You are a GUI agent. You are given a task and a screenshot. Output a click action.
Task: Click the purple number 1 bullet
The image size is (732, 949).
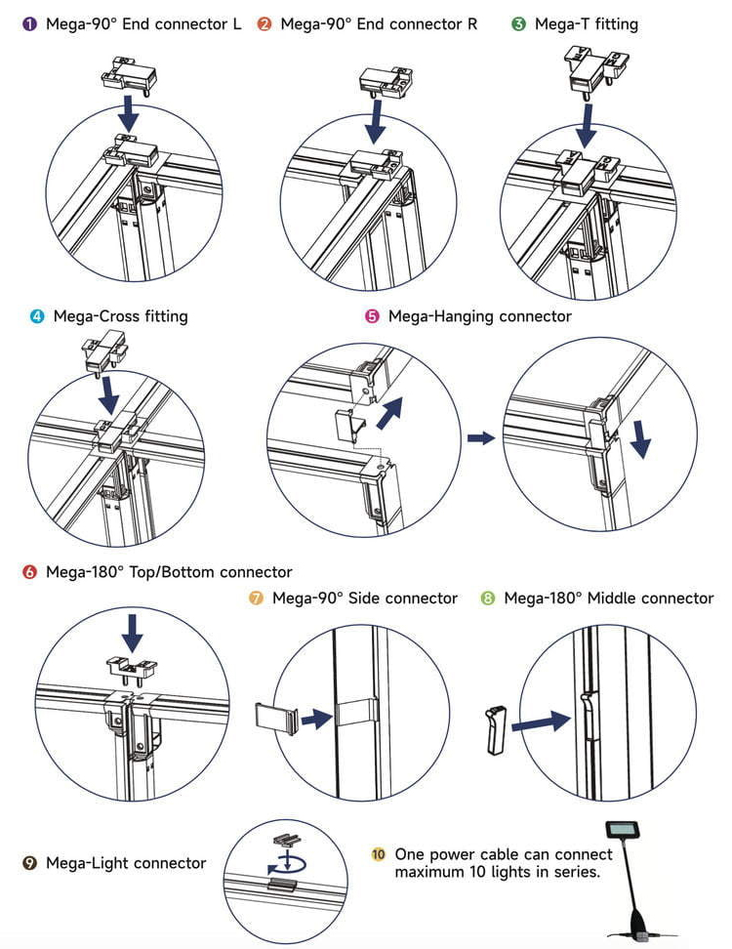[x=29, y=23]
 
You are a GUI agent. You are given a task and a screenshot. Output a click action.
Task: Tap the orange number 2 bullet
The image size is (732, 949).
[x=264, y=23]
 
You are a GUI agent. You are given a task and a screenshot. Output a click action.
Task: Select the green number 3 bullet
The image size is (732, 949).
[x=518, y=23]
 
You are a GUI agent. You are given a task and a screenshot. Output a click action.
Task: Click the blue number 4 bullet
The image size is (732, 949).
[x=37, y=316]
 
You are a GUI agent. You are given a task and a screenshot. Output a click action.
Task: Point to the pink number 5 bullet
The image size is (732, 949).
[x=372, y=316]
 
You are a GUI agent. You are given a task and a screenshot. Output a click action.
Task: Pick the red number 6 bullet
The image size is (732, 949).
[x=29, y=572]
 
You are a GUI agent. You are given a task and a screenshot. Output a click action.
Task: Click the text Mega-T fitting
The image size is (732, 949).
[x=586, y=23]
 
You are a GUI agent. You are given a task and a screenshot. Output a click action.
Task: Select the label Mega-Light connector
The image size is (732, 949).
[x=126, y=862]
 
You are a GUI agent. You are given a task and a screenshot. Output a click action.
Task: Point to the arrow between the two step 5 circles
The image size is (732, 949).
[x=480, y=438]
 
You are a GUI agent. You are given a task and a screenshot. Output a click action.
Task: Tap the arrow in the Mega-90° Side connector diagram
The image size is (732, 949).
[x=314, y=720]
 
